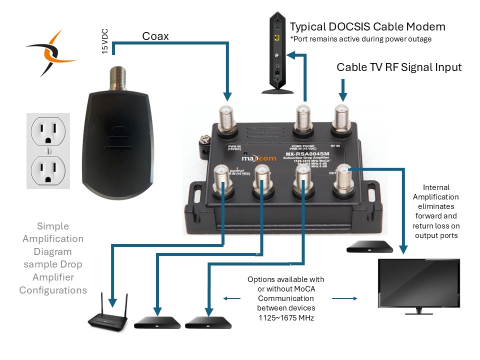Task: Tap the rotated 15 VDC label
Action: pos(105,41)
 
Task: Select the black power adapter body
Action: pos(117,135)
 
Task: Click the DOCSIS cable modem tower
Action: pos(278,52)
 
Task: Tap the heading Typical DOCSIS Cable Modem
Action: pos(367,26)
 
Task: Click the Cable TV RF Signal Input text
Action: pos(399,67)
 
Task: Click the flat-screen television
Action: pos(418,284)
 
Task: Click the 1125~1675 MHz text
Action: pos(285,317)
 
